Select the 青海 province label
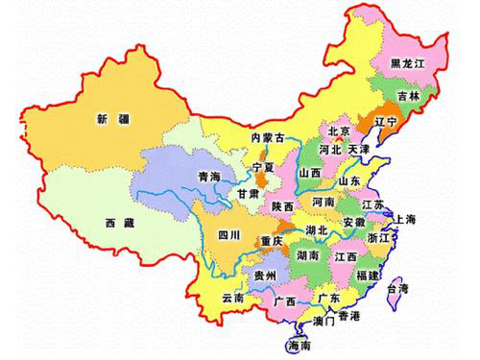208,178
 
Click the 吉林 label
411,97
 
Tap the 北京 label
339,132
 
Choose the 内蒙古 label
268,138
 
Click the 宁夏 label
264,168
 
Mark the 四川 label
229,233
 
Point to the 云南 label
233,299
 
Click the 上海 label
404,220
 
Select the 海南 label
300,346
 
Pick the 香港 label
348,317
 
